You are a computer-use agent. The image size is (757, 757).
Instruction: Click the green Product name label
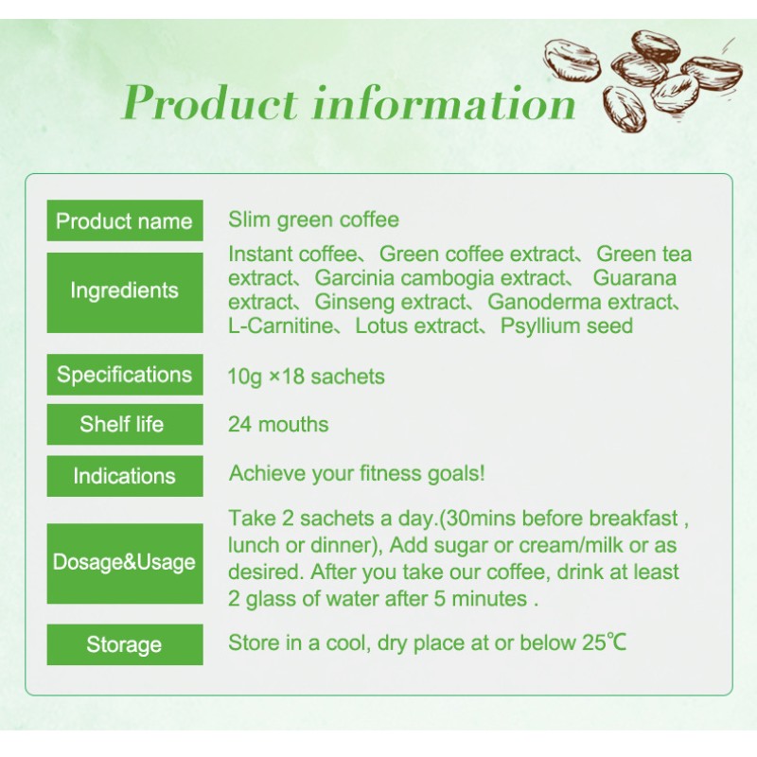(124, 221)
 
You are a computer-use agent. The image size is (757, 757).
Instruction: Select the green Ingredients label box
(124, 290)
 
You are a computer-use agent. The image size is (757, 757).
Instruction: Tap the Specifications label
(124, 374)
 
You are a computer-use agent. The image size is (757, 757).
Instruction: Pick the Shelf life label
(124, 424)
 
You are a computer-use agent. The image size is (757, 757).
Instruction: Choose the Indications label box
(124, 475)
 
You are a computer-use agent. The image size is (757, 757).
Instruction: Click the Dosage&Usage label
(124, 562)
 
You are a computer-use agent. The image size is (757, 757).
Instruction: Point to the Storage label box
(124, 644)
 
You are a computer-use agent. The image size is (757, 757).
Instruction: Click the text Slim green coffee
(313, 220)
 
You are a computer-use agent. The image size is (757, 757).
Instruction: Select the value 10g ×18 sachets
(307, 376)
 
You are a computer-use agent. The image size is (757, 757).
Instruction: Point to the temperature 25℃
(602, 643)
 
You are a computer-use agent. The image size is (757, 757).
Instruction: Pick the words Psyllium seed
(567, 326)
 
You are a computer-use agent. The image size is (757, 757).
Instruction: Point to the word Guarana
(635, 278)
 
